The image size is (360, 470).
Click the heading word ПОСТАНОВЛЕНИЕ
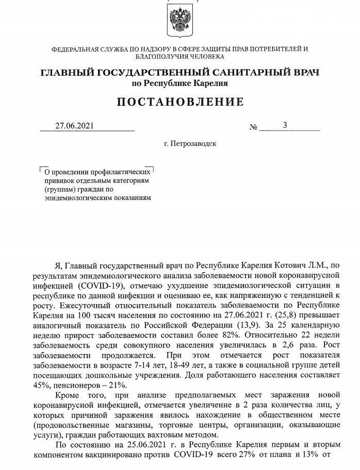point(179,102)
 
